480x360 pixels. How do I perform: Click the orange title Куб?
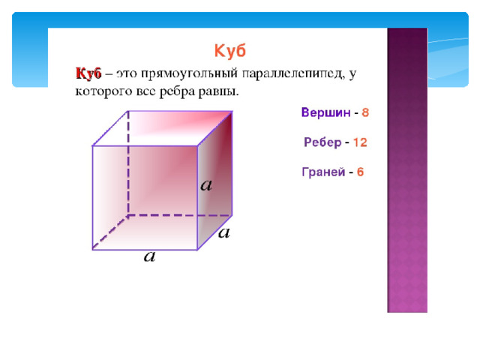coord(230,51)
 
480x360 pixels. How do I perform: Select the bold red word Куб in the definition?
coord(88,73)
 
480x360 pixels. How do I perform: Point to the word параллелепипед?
coord(293,74)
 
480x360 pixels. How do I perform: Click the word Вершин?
coord(325,112)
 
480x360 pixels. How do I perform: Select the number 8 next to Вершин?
coord(365,112)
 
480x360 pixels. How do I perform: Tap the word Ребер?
coord(322,142)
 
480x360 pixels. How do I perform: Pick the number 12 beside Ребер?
coord(360,142)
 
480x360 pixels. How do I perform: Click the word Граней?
coord(323,172)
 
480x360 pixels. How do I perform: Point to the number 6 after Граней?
coord(360,172)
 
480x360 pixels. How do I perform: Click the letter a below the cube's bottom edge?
coord(150,256)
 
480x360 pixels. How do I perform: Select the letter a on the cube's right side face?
coord(206,185)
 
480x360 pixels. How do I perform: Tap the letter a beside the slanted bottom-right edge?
coord(224,232)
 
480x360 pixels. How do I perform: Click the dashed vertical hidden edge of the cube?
coord(128,163)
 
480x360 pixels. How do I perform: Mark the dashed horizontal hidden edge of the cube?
coord(180,215)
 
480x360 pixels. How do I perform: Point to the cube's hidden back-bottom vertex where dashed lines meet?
coord(128,215)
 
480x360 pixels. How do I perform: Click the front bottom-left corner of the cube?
coord(92,250)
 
